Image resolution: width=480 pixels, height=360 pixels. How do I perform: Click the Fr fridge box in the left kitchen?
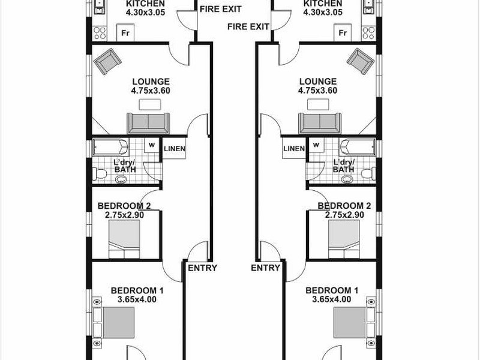(125, 33)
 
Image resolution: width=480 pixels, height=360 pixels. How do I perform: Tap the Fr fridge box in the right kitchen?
(344, 33)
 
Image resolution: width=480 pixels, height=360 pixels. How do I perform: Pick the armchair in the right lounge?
(361, 61)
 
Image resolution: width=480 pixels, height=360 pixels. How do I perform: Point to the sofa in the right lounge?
(321, 123)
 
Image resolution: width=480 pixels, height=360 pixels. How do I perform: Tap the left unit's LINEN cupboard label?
(175, 149)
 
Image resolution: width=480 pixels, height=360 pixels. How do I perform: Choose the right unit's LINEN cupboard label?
(294, 149)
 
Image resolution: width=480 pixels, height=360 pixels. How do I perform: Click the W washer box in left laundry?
(152, 145)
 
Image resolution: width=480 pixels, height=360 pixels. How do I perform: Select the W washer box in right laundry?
(316, 145)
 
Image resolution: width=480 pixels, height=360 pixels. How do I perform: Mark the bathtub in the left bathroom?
(110, 148)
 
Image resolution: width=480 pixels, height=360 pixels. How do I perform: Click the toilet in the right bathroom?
(367, 173)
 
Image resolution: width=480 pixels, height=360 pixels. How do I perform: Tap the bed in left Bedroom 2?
(125, 239)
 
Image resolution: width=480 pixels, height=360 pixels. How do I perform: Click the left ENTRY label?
(202, 268)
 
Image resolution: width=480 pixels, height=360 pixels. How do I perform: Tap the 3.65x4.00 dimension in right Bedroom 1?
(332, 299)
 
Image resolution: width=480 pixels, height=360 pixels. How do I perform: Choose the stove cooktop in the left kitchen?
(100, 33)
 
